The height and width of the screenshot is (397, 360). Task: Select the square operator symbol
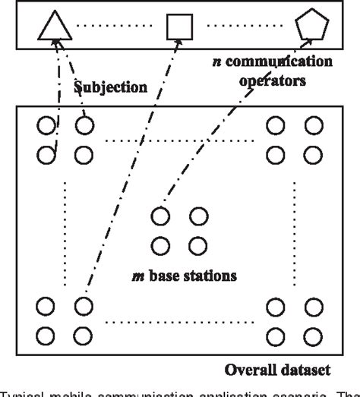(179, 29)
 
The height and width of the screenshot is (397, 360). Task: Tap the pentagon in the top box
(311, 27)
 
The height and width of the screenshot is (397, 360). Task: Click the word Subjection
(110, 87)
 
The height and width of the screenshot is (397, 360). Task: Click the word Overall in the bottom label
(249, 370)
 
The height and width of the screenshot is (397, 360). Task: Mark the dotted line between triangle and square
(116, 30)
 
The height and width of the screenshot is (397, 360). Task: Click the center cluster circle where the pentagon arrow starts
(160, 216)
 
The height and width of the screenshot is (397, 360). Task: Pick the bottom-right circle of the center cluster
(198, 245)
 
